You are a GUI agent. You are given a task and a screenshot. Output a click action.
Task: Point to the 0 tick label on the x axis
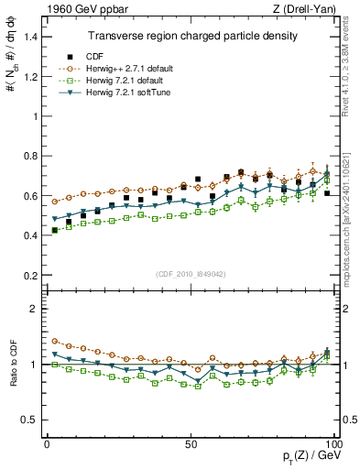[47, 443]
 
